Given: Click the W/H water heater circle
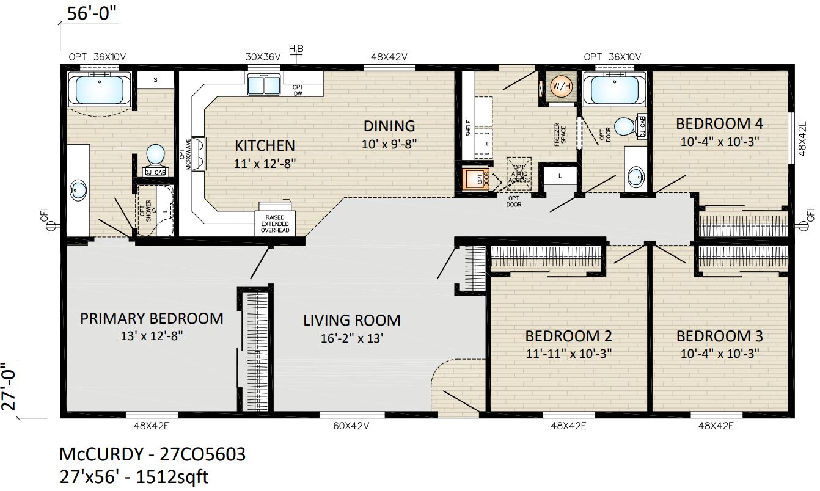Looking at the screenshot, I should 560,87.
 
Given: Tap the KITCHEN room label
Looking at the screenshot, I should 265,145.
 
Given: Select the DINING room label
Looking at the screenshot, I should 389,126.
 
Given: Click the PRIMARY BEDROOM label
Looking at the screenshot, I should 152,318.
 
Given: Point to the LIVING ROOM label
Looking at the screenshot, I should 352,320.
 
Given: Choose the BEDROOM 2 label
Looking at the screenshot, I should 568,336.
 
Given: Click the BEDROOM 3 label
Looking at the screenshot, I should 719,336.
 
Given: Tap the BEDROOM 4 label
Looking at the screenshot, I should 719,124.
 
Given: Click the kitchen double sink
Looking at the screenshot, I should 263,84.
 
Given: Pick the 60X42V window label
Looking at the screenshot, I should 352,426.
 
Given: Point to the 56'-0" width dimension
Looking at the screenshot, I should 92,14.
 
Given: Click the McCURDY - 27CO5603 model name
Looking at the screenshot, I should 152,455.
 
